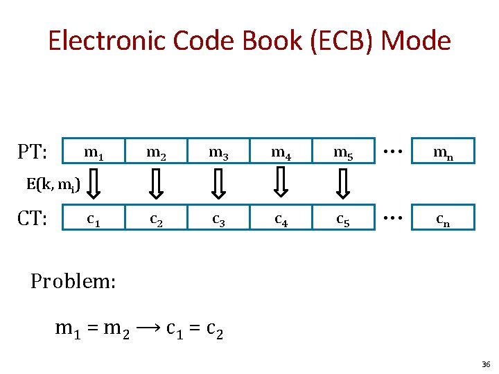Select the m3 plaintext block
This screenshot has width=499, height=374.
click(219, 151)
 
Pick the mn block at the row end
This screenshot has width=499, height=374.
click(444, 151)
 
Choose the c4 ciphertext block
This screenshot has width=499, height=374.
click(281, 219)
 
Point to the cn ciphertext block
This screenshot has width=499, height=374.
click(444, 219)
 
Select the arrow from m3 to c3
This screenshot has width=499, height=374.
click(219, 185)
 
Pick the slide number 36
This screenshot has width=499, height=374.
click(485, 364)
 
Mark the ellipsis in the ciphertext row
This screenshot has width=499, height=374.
click(393, 217)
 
